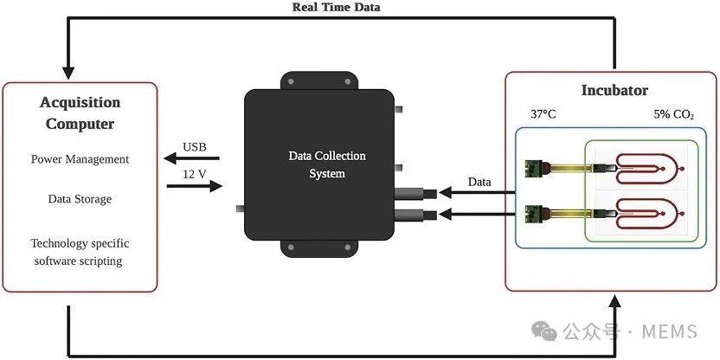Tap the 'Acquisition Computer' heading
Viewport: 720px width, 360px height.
[x=80, y=112]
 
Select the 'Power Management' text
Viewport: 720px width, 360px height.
[x=80, y=159]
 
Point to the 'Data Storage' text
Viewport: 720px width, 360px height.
[x=80, y=199]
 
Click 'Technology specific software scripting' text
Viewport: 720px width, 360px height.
[x=80, y=252]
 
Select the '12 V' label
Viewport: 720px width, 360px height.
[x=195, y=173]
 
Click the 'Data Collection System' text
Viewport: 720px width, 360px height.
[x=327, y=164]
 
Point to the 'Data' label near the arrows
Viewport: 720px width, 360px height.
[x=479, y=182]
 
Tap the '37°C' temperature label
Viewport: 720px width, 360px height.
[x=543, y=114]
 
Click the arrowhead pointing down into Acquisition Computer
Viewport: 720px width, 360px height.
[x=67, y=70]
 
